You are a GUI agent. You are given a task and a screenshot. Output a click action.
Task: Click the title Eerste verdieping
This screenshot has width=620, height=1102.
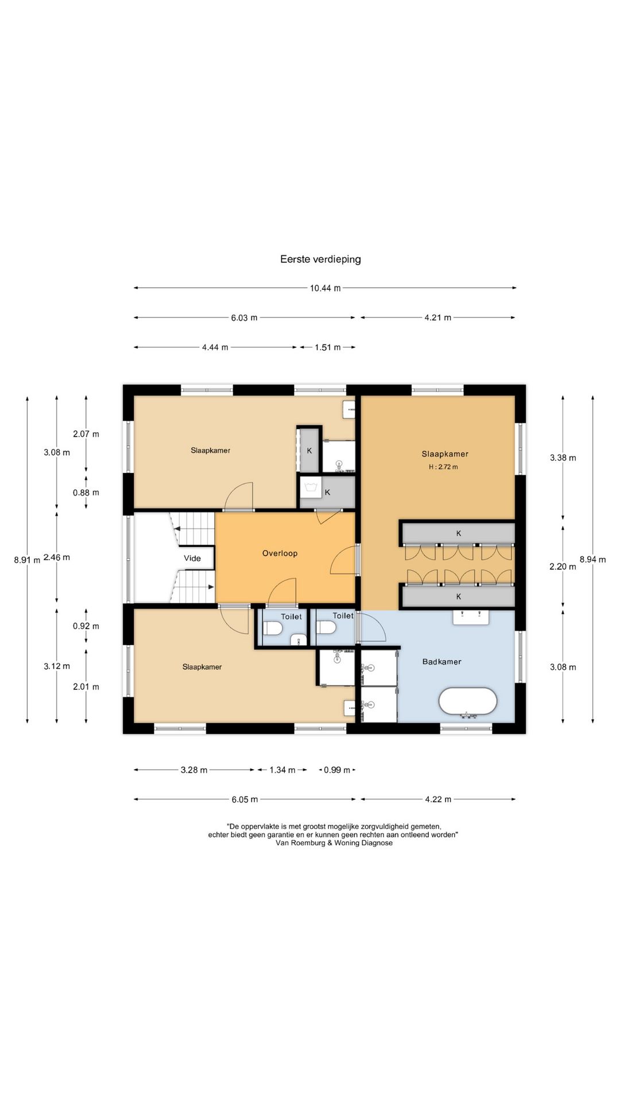(320, 259)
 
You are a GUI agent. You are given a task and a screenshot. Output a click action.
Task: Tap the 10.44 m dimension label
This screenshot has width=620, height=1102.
(325, 288)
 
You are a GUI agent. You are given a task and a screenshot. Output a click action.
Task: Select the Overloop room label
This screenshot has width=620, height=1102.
(280, 553)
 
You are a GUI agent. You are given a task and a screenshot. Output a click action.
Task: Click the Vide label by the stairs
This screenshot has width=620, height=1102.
(192, 558)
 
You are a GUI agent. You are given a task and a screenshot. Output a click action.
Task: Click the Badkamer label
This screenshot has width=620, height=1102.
(442, 662)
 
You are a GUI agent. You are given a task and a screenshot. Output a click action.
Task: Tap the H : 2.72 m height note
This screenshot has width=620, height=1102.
(443, 467)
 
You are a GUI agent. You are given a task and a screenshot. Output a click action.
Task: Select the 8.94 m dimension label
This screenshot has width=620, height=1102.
(593, 560)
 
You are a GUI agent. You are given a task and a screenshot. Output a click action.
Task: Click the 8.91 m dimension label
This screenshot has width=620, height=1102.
(27, 560)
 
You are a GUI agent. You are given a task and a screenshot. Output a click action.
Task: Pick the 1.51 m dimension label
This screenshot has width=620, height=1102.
(328, 347)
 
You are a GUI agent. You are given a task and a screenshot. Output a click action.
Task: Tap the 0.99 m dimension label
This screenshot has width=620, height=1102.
(337, 770)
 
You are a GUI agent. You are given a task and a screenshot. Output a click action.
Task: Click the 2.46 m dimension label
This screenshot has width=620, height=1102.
(57, 557)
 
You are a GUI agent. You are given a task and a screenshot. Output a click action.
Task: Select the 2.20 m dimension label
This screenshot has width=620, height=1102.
(563, 566)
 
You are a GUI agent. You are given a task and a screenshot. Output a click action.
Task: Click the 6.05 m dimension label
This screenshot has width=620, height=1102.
(245, 800)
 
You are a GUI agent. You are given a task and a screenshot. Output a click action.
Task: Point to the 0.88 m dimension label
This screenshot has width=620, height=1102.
(86, 492)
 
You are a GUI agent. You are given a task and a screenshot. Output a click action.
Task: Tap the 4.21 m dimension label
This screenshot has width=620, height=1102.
(438, 317)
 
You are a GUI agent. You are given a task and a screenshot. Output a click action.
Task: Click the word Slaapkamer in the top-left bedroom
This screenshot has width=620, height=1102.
(211, 451)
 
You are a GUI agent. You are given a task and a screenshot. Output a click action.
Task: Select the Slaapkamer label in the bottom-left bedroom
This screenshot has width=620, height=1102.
(202, 667)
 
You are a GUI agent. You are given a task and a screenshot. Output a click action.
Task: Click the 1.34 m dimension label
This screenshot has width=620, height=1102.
(282, 770)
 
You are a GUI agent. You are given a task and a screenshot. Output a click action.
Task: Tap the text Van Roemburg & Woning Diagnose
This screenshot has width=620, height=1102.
(334, 843)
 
